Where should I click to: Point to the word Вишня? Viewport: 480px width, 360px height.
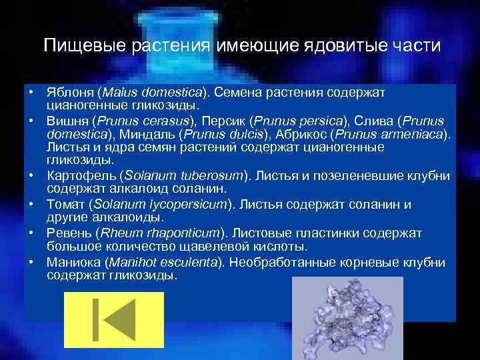[67, 120]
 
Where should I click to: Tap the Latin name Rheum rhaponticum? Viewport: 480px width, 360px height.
[160, 233]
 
